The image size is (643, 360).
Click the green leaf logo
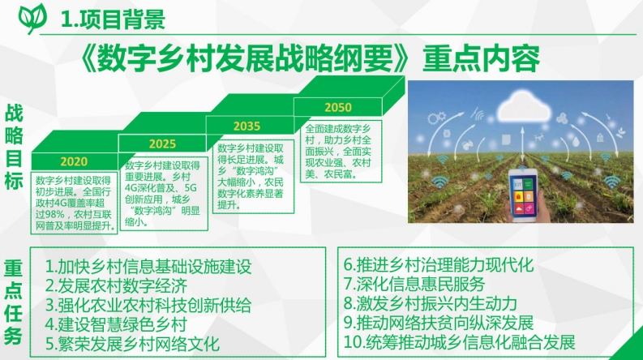(x=32, y=18)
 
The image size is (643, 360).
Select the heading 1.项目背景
(x=114, y=19)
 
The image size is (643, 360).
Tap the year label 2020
(x=74, y=161)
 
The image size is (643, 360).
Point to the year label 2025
(x=162, y=144)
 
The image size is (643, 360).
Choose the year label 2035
(x=246, y=126)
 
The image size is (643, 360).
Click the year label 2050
(x=338, y=107)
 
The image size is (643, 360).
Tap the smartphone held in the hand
(x=523, y=195)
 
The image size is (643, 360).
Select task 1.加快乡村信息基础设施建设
(x=148, y=267)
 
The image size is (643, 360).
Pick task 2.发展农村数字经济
(x=116, y=285)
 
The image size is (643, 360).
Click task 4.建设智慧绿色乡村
(x=116, y=324)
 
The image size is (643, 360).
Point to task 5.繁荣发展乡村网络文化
(x=132, y=344)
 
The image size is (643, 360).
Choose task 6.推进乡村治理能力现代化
(x=439, y=264)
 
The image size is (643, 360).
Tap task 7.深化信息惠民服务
(x=414, y=284)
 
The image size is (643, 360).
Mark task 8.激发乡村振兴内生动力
(x=431, y=303)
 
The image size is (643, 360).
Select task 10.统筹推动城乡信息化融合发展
(x=459, y=342)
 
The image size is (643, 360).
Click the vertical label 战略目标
(x=14, y=147)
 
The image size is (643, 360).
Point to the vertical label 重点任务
(x=13, y=302)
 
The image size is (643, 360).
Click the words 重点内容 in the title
(x=481, y=59)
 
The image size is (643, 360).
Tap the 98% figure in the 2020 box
(x=54, y=214)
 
